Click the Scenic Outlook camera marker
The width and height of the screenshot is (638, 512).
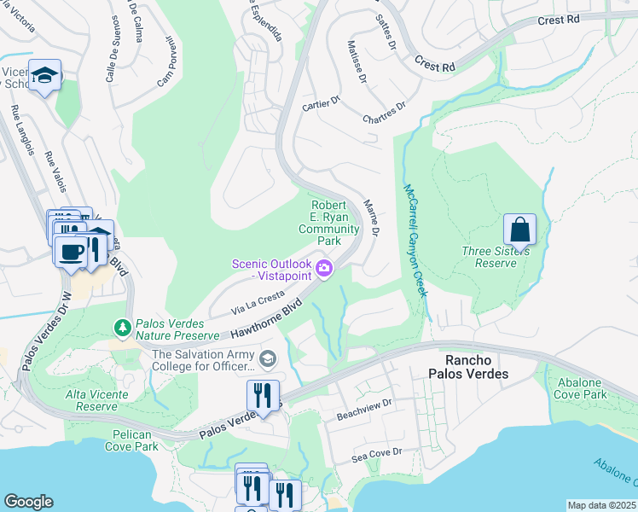click(x=324, y=270)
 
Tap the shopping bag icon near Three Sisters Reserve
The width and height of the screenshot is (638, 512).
click(x=519, y=229)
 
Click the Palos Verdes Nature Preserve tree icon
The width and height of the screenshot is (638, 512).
click(x=122, y=327)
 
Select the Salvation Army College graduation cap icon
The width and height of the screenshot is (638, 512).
click(x=268, y=358)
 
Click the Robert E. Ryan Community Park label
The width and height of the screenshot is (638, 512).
click(x=328, y=223)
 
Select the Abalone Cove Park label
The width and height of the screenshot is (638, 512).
click(x=579, y=389)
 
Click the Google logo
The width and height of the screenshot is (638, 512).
click(x=28, y=502)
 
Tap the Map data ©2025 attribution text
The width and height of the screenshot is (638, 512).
click(x=600, y=505)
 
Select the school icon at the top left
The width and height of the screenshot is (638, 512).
click(x=43, y=76)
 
